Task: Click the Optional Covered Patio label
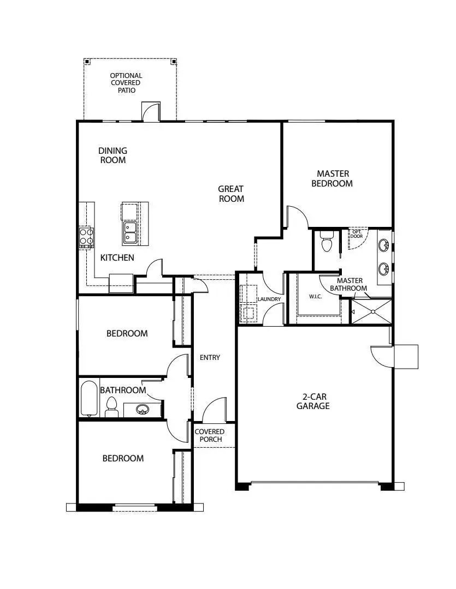tap(126, 83)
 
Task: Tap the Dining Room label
tap(113, 155)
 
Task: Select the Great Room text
tap(231, 194)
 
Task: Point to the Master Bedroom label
tap(332, 179)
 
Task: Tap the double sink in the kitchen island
tap(130, 232)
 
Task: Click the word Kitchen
tap(117, 257)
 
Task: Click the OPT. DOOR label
tap(357, 234)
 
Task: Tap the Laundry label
tap(269, 299)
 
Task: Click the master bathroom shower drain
tap(374, 312)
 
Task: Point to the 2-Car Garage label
tap(313, 401)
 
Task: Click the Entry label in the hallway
tap(210, 358)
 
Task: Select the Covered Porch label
tap(210, 435)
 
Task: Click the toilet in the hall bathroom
tap(112, 406)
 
